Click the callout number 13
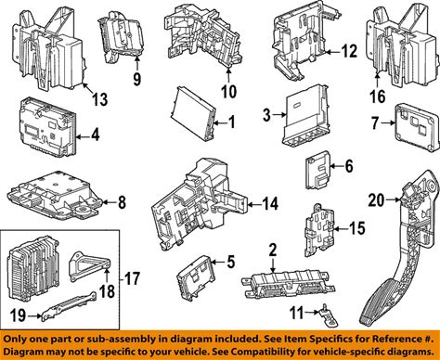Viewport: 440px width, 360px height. click(x=99, y=99)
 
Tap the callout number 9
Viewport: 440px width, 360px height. click(x=137, y=79)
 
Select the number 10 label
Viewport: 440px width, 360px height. click(x=229, y=91)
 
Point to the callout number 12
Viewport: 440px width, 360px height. click(x=350, y=51)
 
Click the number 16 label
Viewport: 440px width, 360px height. click(x=378, y=96)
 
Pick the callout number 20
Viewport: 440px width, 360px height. click(x=376, y=200)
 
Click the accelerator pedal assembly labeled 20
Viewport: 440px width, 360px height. click(x=402, y=248)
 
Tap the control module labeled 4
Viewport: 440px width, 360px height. click(x=48, y=127)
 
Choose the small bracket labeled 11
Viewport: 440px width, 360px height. click(x=328, y=315)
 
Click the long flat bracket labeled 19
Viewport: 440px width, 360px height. click(x=69, y=306)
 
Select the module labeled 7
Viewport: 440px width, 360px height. click(x=417, y=127)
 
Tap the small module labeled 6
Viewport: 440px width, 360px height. click(x=318, y=170)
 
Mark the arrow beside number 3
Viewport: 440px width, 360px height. click(x=279, y=115)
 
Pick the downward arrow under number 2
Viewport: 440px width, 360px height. click(x=273, y=265)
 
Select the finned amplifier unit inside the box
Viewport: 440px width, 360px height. click(x=34, y=267)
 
